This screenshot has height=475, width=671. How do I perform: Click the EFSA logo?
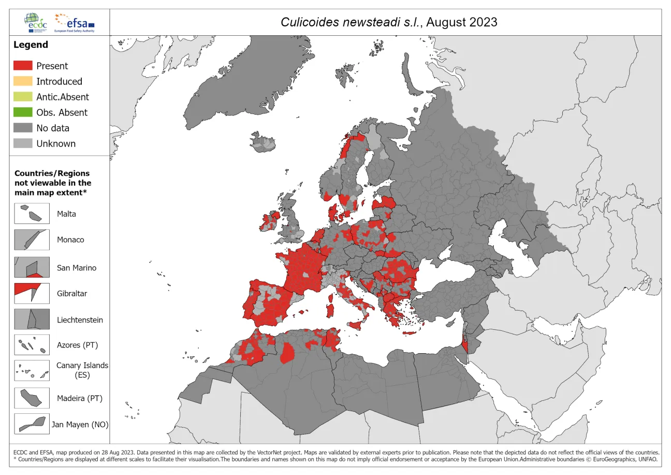[x=77, y=23]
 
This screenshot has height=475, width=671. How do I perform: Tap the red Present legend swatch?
[x=23, y=66]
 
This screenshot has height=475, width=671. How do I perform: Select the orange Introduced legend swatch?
[x=23, y=81]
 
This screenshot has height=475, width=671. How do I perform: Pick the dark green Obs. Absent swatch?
[x=23, y=113]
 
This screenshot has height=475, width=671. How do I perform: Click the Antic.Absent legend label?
[x=62, y=97]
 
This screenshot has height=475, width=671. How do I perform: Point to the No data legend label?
[x=52, y=128]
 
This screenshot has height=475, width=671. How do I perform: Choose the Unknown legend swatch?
[x=23, y=144]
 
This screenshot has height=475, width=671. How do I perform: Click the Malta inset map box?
[x=32, y=213]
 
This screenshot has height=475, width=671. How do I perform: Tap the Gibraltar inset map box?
[x=32, y=294]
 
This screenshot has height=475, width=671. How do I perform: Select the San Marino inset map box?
[x=32, y=268]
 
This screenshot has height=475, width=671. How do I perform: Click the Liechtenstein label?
[x=80, y=320]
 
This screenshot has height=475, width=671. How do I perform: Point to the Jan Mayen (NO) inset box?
[x=32, y=424]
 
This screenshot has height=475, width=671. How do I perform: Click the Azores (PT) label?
[x=77, y=345]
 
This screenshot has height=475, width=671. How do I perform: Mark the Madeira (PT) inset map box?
[x=32, y=398]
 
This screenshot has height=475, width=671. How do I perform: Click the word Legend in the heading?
[x=31, y=45]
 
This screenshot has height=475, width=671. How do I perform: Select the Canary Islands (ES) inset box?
[x=32, y=371]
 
